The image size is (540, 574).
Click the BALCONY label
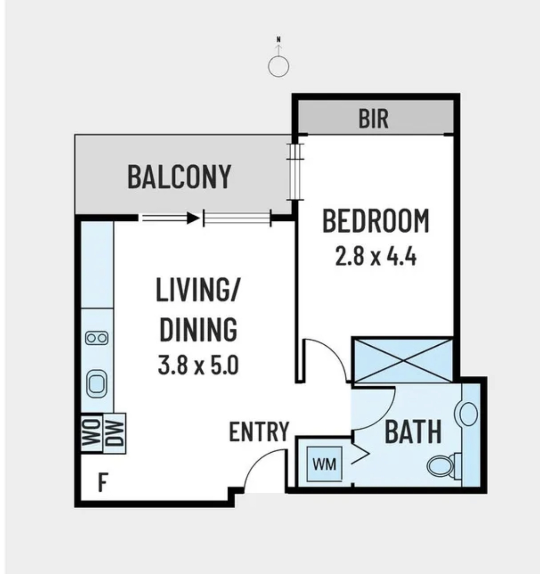[179, 177]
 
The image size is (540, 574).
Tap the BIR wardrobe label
[373, 119]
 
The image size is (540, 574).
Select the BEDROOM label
[376, 222]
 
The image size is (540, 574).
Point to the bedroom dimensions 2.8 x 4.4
[376, 257]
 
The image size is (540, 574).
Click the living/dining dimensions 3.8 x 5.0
[198, 366]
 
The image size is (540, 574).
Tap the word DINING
[198, 330]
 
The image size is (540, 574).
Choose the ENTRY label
[259, 432]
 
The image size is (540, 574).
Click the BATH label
[413, 432]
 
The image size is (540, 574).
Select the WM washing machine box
[324, 464]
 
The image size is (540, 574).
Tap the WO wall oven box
[92, 433]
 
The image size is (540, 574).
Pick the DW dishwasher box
[114, 433]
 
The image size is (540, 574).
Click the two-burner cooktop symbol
[97, 338]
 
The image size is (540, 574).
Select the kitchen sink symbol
[97, 384]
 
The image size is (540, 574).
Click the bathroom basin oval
[469, 414]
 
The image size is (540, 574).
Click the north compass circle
[278, 67]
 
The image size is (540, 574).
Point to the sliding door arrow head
[193, 218]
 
